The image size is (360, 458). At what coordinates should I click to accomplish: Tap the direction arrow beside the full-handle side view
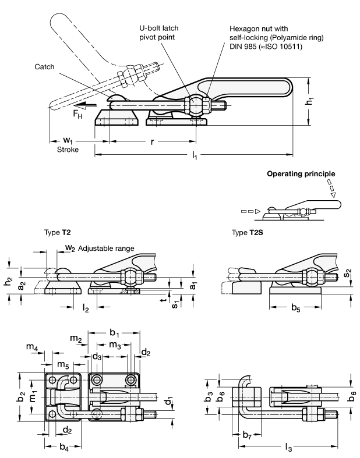pos(85,106)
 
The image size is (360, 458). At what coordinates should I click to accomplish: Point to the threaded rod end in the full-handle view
pos(221,106)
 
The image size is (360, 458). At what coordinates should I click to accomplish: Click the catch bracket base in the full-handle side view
pos(117,118)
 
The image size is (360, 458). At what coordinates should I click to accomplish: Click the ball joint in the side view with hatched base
pos(132,276)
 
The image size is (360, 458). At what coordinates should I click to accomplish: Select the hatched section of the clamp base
pos(129,290)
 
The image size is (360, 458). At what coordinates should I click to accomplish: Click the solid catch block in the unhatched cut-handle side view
pos(246,287)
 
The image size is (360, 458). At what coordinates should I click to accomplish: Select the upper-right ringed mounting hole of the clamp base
pos(132,381)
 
